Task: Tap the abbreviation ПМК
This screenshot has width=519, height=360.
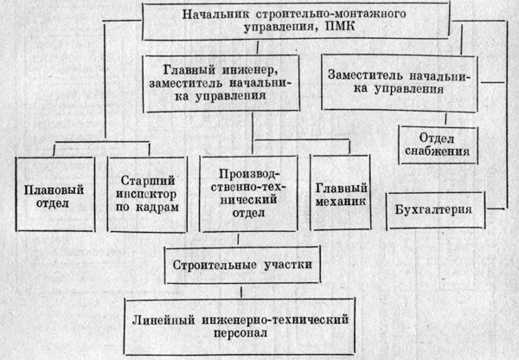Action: point(340,27)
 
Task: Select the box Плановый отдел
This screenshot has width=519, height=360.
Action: point(55,194)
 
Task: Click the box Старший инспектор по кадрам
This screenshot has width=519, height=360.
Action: point(147,194)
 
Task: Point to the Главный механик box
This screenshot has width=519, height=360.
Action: point(341,192)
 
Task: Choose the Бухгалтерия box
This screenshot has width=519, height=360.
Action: point(435,210)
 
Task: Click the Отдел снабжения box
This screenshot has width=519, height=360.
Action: point(438,145)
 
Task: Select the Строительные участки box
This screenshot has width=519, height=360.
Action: point(242,265)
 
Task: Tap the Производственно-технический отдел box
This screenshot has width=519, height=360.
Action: point(248,193)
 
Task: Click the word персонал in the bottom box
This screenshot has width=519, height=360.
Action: point(240,332)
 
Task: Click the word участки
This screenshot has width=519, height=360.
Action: point(288,265)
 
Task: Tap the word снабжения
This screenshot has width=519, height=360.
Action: point(437,151)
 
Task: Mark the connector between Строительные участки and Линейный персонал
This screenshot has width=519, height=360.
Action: point(241,292)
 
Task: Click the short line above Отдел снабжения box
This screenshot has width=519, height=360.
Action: point(445,119)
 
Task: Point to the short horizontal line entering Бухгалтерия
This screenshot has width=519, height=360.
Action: point(496,209)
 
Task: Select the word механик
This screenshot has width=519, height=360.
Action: point(341,201)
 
